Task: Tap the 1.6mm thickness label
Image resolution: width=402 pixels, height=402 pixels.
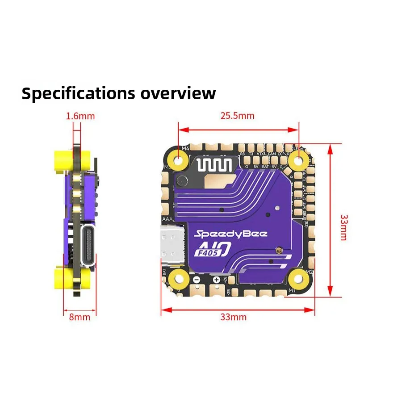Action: [x=80, y=116]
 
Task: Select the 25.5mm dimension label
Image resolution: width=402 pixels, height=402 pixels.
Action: [x=237, y=116]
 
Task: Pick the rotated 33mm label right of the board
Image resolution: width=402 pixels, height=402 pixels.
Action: [x=343, y=227]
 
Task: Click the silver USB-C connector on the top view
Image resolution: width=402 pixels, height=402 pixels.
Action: [x=171, y=245]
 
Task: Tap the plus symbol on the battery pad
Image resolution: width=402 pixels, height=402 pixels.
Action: [x=216, y=280]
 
